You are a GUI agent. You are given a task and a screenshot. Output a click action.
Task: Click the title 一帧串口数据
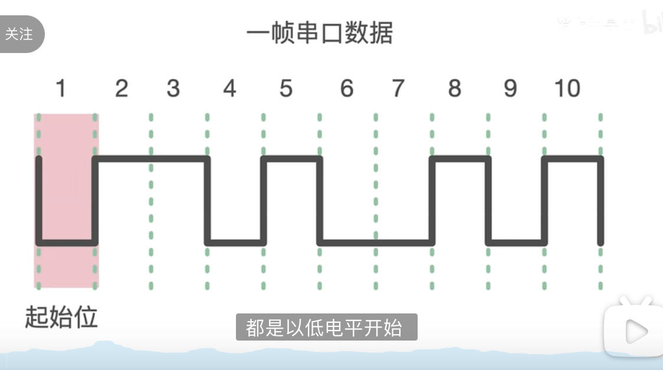319,33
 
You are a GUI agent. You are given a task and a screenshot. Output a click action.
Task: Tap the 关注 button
19,34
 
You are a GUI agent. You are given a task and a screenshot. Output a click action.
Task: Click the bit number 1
60,89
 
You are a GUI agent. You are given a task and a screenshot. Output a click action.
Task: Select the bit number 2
122,89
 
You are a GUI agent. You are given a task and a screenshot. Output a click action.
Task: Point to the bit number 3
173,89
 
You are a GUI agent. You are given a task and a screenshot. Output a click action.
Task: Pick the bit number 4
229,89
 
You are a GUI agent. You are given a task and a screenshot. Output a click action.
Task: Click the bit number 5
286,89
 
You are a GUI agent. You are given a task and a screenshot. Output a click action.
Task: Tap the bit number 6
347,89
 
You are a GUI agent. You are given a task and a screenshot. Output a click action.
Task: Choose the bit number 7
398,89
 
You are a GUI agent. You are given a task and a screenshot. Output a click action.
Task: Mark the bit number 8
454,89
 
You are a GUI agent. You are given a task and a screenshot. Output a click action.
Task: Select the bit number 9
510,89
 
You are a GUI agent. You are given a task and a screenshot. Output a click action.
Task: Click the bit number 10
567,89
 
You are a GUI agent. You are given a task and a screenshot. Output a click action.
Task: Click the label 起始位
61,318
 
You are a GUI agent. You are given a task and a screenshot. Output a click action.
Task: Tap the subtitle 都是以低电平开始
326,327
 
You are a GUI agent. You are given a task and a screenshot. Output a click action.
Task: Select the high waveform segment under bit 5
291,158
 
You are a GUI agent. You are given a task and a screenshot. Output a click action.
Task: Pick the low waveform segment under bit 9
516,242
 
